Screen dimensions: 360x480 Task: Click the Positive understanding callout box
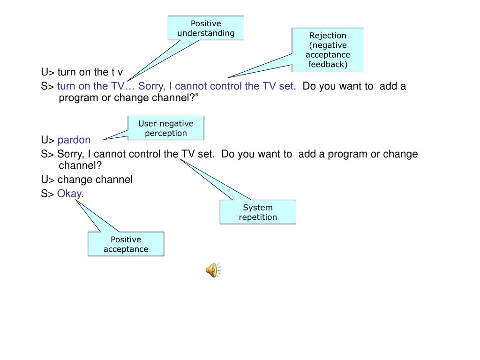tap(206, 28)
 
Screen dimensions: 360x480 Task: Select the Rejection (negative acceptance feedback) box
tap(328, 50)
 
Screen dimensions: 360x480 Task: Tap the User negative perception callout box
tap(166, 128)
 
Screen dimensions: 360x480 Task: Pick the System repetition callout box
tap(258, 212)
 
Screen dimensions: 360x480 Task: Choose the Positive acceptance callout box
tap(126, 244)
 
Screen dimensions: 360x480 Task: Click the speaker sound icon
tap(213, 270)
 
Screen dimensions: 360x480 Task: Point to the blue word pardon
tap(74, 140)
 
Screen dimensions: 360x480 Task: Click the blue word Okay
tap(69, 194)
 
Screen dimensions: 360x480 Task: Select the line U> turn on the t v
tap(82, 72)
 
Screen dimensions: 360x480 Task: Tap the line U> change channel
tap(87, 180)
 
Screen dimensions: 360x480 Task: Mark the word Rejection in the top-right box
tap(328, 36)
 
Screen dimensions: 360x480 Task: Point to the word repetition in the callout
tap(258, 217)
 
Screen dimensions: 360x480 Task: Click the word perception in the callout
tap(166, 133)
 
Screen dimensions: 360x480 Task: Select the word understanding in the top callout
tap(206, 33)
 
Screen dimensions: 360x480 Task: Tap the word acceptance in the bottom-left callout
tap(126, 249)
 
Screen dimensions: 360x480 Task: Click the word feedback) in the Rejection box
tap(328, 64)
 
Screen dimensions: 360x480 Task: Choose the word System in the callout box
tap(258, 207)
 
